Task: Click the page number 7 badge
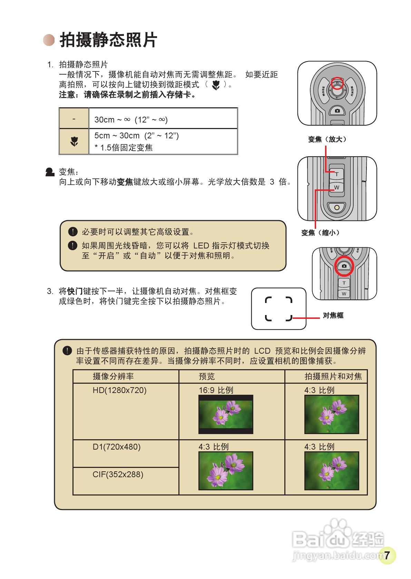(x=387, y=555)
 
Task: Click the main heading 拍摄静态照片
(x=108, y=40)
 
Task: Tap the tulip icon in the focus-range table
(x=74, y=141)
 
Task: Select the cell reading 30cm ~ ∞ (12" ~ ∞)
(x=131, y=120)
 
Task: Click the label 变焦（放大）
(x=327, y=139)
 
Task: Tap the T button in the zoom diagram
(x=336, y=174)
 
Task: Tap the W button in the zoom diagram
(x=336, y=187)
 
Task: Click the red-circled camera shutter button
(x=344, y=266)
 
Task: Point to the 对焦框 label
(x=333, y=315)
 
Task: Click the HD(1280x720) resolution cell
(x=119, y=390)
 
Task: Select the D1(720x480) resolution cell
(x=117, y=447)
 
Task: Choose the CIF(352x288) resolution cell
(x=118, y=474)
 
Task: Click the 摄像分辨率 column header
(x=113, y=376)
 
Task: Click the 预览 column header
(x=207, y=376)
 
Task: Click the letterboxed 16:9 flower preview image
(x=226, y=414)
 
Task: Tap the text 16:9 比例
(x=216, y=390)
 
